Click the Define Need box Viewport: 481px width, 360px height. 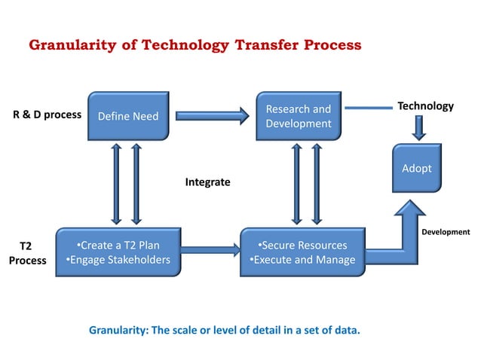tap(127, 116)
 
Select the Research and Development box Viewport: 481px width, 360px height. tap(298, 116)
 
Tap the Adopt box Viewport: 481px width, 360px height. tap(416, 168)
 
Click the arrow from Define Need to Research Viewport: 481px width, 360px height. tap(212, 115)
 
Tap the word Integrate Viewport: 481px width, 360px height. tap(207, 182)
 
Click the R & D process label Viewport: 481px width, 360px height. tap(47, 116)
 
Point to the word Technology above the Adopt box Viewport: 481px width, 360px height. tap(425, 106)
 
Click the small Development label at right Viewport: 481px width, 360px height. tap(445, 232)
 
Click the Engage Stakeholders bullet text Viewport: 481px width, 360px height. tap(118, 261)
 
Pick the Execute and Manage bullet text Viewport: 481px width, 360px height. tap(302, 261)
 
